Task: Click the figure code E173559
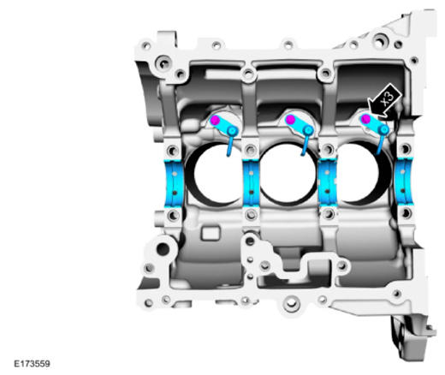tap(32, 364)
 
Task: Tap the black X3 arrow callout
tap(385, 100)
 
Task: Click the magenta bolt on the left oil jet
tap(215, 121)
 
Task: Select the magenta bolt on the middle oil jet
tap(290, 120)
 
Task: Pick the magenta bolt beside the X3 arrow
tap(365, 119)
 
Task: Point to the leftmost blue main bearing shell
tap(174, 183)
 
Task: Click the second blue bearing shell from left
tap(251, 183)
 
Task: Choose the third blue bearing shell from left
tap(328, 182)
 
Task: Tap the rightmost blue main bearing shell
tap(404, 182)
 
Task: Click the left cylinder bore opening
tap(217, 175)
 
